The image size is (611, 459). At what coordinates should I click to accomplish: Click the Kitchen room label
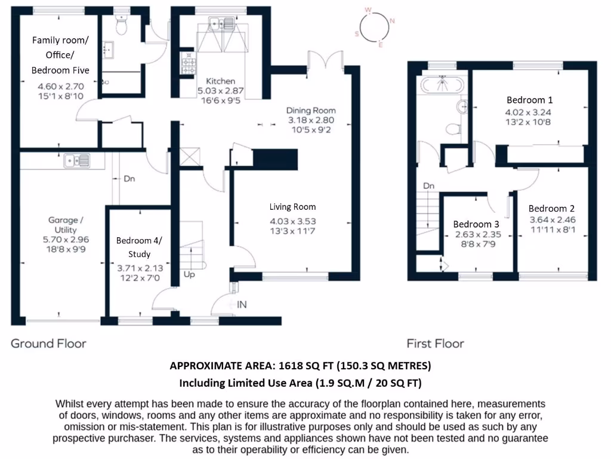tap(221, 81)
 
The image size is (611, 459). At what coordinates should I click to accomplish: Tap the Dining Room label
tap(311, 111)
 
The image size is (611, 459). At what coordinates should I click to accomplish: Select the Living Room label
tap(292, 207)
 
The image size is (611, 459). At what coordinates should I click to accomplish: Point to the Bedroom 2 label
tap(551, 209)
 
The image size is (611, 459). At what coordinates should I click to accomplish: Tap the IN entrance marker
tap(242, 305)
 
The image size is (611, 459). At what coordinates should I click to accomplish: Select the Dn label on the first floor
tap(428, 186)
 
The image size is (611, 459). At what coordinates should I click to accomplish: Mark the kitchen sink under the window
tap(221, 25)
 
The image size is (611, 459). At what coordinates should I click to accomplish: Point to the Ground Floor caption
tap(48, 344)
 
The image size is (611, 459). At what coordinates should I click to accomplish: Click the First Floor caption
tap(435, 344)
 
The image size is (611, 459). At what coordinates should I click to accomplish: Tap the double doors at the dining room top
tap(325, 60)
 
